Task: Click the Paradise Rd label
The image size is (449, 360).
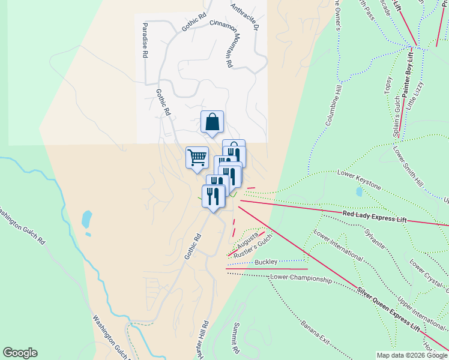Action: click(145, 40)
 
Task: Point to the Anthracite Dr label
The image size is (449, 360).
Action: click(245, 16)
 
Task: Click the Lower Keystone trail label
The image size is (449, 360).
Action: click(358, 179)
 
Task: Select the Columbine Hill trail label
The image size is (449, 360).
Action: click(333, 105)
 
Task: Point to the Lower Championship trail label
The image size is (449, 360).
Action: click(301, 278)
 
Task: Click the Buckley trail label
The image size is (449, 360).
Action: click(266, 262)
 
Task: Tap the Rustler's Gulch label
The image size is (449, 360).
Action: click(253, 245)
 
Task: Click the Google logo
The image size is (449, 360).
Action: click(20, 353)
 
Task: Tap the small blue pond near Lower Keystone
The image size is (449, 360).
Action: click(359, 192)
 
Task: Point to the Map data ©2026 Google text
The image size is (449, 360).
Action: click(412, 355)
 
